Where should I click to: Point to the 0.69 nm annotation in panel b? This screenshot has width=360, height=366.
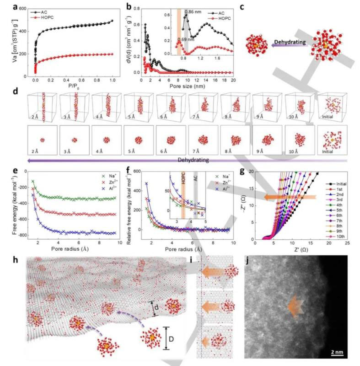click(185, 39)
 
